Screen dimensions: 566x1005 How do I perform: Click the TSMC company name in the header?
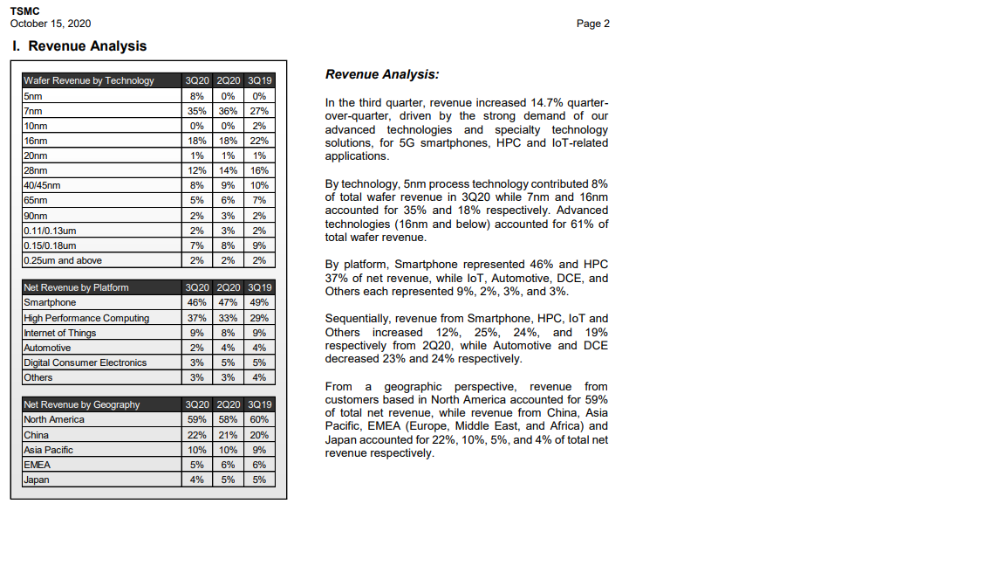pyautogui.click(x=24, y=10)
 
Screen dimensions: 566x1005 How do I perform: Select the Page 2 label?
pyautogui.click(x=593, y=24)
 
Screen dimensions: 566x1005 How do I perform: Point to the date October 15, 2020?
pyautogui.click(x=51, y=24)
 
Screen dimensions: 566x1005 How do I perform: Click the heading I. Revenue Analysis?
pyautogui.click(x=79, y=46)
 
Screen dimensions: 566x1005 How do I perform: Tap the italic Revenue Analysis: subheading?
pyautogui.click(x=382, y=75)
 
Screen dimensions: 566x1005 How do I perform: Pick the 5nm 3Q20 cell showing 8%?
pyautogui.click(x=197, y=96)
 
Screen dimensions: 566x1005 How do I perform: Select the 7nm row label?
pyautogui.click(x=33, y=111)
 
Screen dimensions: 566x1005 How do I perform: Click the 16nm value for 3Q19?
pyautogui.click(x=259, y=141)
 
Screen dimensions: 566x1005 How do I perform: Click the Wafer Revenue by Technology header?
pyautogui.click(x=89, y=80)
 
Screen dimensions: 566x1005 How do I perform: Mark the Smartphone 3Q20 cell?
pyautogui.click(x=197, y=302)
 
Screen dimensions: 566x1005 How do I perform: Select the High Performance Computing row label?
pyautogui.click(x=86, y=318)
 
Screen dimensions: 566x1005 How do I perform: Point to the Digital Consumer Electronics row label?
pyautogui.click(x=85, y=362)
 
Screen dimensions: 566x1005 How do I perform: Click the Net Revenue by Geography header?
pyautogui.click(x=82, y=404)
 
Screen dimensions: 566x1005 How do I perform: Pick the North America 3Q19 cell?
pyautogui.click(x=259, y=419)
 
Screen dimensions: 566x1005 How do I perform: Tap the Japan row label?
pyautogui.click(x=37, y=480)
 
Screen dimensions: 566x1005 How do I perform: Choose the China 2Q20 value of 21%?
pyautogui.click(x=229, y=434)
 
